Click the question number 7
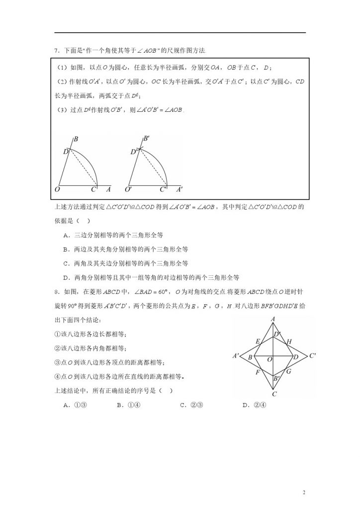click(x=56, y=51)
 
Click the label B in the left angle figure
click(x=76, y=140)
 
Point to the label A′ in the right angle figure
click(x=180, y=189)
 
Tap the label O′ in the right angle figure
click(x=129, y=189)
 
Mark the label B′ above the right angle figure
click(x=147, y=139)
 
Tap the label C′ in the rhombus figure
click(x=313, y=356)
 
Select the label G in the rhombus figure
click(x=288, y=371)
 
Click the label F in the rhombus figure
click(x=258, y=372)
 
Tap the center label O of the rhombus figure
click(x=269, y=359)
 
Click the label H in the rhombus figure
click(x=289, y=341)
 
